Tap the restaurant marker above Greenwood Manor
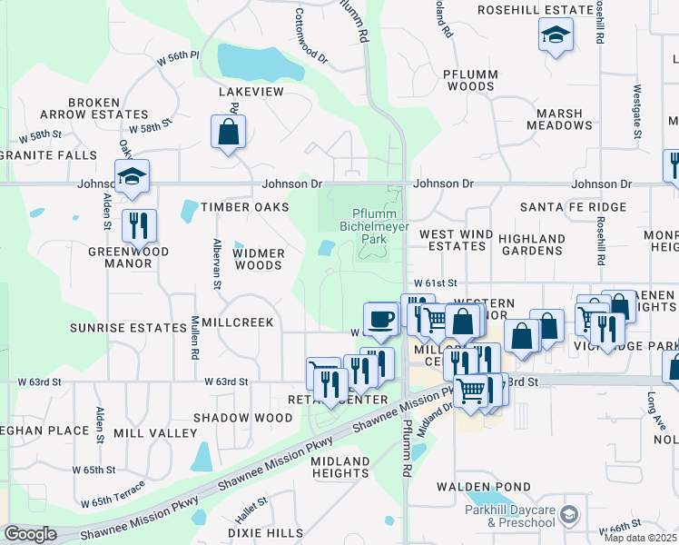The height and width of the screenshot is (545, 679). point(139,225)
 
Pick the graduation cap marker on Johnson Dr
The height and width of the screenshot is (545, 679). point(132,176)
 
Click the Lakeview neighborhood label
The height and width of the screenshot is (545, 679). point(251,93)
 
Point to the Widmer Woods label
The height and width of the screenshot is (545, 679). point(261,259)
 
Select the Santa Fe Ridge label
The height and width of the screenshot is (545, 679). point(573,208)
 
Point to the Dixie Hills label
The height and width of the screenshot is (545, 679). point(265,532)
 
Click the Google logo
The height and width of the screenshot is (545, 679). point(29,535)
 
